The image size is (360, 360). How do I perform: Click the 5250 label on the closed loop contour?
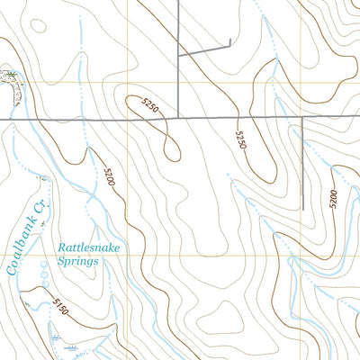(x=150, y=106)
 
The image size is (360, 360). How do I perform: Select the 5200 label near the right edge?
(x=332, y=198)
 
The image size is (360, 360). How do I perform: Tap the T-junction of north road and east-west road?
(x=178, y=118)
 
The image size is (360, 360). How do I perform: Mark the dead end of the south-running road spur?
(x=303, y=209)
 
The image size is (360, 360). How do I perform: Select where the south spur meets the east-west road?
(x=303, y=118)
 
